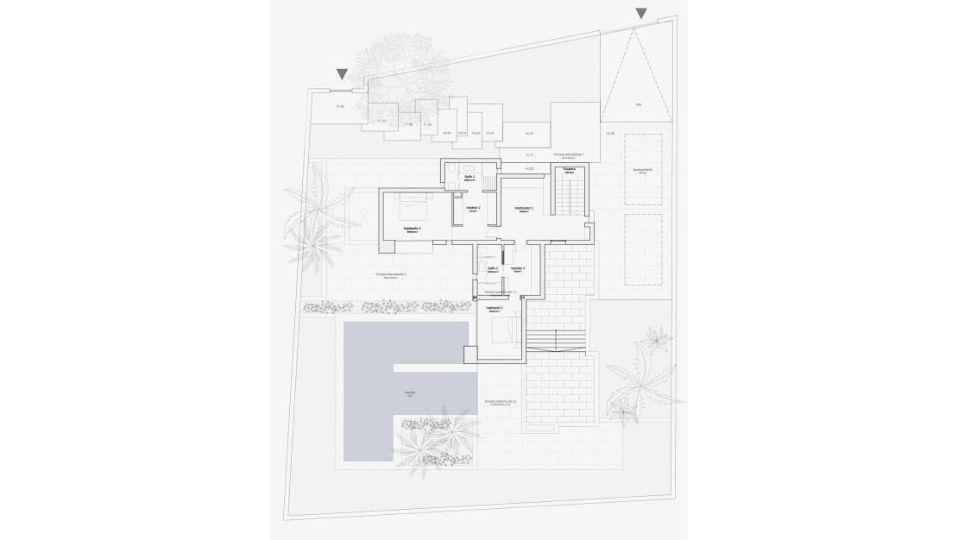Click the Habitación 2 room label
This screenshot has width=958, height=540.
coord(413,229)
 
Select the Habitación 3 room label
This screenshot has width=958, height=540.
coord(495,308)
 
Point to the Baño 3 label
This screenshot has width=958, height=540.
coord(492,269)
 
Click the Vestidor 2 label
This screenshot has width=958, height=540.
coord(473,208)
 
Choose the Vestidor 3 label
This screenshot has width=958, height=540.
coord(518,269)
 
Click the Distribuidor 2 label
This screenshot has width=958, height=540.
coord(524,209)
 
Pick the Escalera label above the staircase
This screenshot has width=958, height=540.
coord(570,170)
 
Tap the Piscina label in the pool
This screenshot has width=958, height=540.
coord(409,392)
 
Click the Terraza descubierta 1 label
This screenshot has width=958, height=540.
coord(568,155)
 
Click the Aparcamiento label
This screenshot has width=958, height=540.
coord(642,170)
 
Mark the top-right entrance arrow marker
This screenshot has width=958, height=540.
coord(640,13)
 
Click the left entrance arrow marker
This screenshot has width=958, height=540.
coord(342,75)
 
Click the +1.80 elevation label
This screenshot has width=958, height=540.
coord(339,107)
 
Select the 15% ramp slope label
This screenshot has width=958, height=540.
coord(639,106)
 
